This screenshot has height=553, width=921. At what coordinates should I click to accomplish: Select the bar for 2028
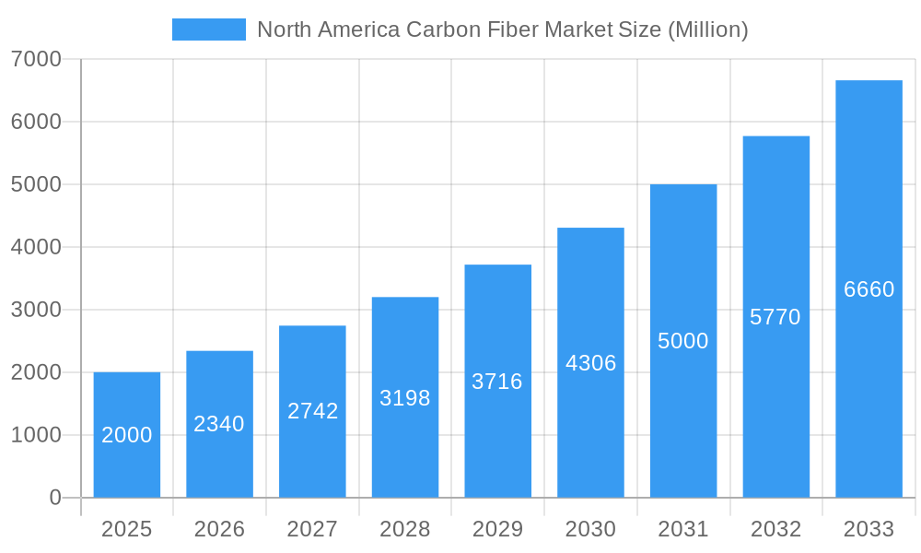(405, 442)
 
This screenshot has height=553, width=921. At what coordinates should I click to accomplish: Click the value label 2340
(219, 424)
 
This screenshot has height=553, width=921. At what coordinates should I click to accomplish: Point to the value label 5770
(775, 317)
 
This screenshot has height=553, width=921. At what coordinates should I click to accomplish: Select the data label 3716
(497, 382)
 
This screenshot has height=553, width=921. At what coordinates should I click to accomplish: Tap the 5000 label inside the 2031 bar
(683, 341)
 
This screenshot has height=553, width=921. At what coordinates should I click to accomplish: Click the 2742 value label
(312, 411)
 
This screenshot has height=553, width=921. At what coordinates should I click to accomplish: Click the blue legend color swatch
(209, 29)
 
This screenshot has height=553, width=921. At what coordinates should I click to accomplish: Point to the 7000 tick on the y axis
(36, 59)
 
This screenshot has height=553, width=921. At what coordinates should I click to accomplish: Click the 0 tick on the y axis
(54, 498)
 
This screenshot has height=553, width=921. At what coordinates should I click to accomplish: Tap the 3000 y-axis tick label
(36, 310)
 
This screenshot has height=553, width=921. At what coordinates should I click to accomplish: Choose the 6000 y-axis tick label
(36, 122)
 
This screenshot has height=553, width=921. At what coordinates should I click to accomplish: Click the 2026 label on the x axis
(219, 529)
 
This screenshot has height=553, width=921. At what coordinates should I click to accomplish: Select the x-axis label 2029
(497, 529)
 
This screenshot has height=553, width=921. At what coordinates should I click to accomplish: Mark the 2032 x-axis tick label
(775, 529)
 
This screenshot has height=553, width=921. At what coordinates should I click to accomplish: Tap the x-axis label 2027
(312, 529)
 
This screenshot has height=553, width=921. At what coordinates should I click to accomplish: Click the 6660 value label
(869, 289)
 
